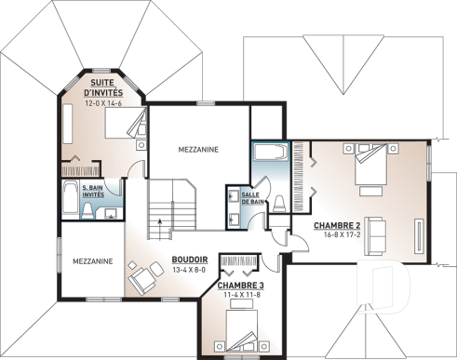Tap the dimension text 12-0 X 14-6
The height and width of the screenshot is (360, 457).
[102, 103]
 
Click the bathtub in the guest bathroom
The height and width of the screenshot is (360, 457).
[72, 200]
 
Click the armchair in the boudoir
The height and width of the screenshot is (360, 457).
[143, 278]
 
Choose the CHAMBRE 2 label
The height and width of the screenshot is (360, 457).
[337, 226]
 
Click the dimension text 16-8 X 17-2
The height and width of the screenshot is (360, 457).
[337, 236]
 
